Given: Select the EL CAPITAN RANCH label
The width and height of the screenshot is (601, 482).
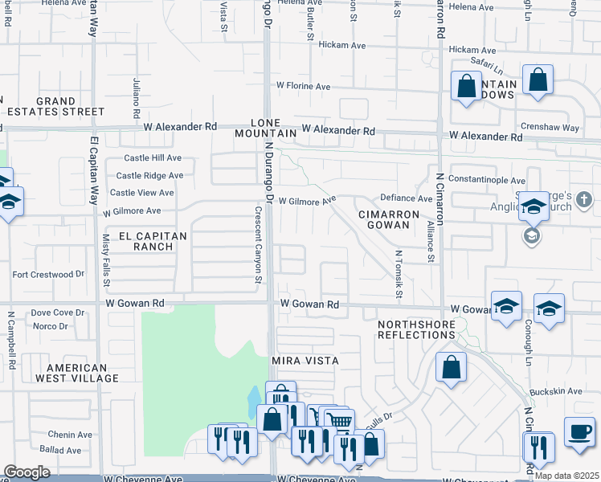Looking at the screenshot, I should pos(152,241).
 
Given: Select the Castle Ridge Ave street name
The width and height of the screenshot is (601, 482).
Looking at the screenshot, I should pos(149,175).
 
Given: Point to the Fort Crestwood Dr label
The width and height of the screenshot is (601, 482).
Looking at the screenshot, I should pos(48,274).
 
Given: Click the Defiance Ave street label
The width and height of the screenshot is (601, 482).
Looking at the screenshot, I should pos(406,198).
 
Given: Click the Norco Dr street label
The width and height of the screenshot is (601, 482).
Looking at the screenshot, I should pos(50,326).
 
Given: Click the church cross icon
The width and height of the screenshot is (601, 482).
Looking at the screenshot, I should pos(583,198).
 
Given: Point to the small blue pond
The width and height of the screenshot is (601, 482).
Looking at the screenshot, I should pos(255,397).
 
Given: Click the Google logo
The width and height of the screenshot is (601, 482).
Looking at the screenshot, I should pos(27,472).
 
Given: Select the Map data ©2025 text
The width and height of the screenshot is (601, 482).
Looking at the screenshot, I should pos(566,475).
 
